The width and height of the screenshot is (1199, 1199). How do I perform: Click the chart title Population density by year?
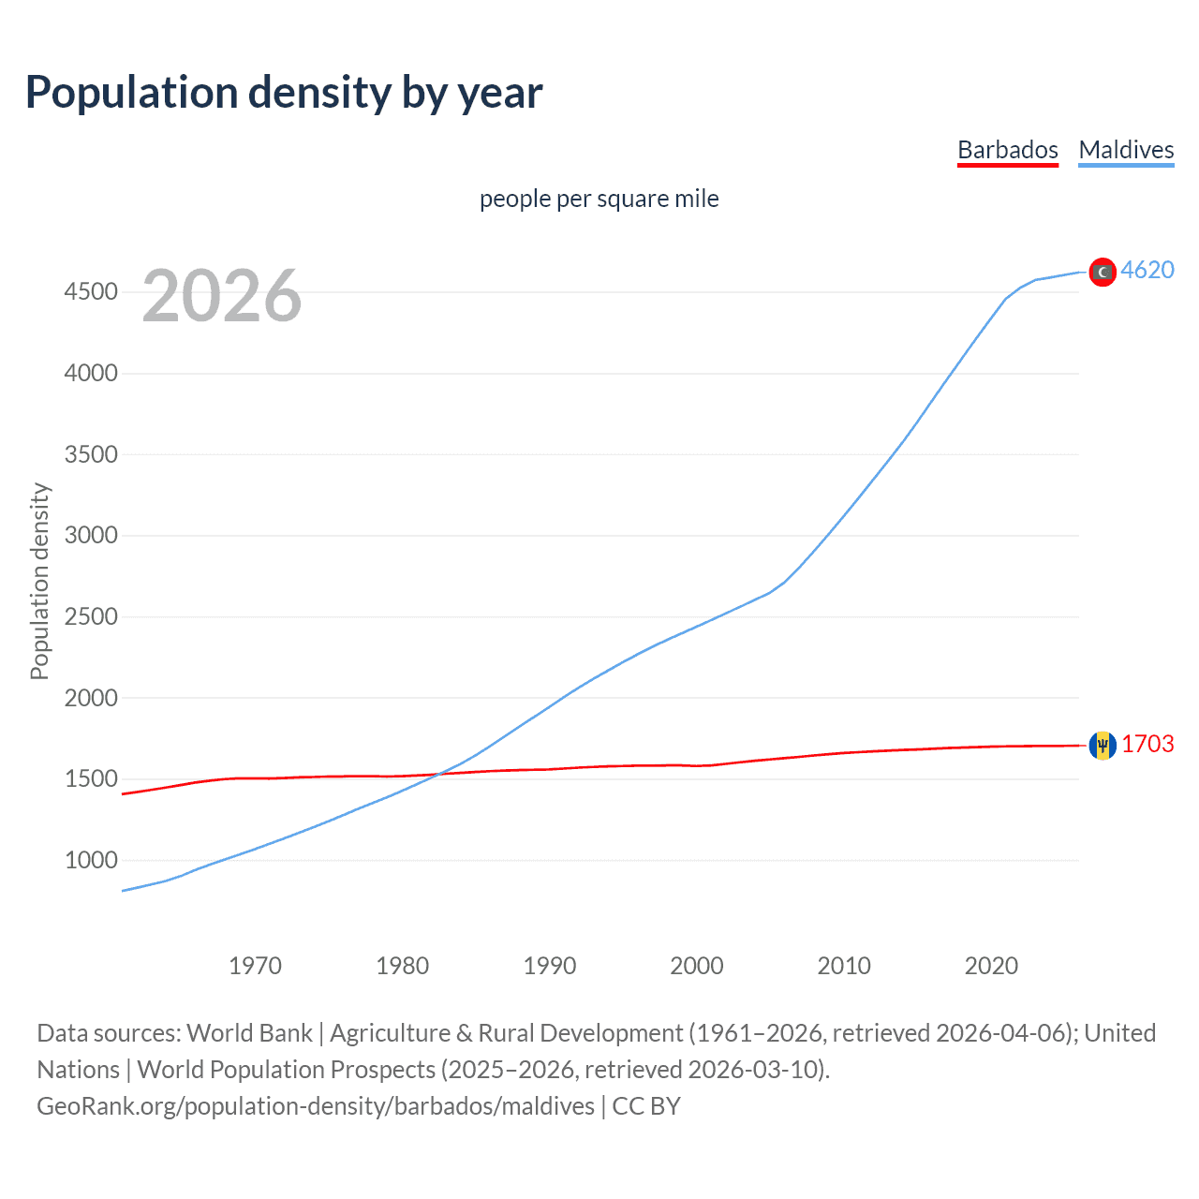[x=284, y=93]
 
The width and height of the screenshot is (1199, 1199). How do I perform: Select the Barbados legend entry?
[x=1007, y=150]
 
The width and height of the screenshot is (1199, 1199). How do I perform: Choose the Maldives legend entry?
[x=1126, y=150]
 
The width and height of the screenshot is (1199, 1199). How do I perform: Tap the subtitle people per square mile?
[x=599, y=199]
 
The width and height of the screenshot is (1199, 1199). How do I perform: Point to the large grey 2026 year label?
[x=222, y=296]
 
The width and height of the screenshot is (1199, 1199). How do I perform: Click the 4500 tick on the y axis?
[x=91, y=292]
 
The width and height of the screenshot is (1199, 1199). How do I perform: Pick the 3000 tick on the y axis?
[x=91, y=536]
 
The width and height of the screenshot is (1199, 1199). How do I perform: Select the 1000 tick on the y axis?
[x=91, y=860]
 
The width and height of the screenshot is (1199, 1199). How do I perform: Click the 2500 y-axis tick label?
[x=91, y=616]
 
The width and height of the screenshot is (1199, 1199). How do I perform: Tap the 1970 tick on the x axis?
[x=255, y=966]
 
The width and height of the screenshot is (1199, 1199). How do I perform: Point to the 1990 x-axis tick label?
[x=550, y=966]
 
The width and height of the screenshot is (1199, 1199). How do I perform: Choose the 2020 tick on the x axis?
[x=991, y=966]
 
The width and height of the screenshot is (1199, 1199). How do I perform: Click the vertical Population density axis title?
[x=39, y=581]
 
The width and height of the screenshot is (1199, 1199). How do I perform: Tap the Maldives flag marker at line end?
[x=1103, y=272]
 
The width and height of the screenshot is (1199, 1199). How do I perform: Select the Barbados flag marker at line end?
[x=1103, y=746]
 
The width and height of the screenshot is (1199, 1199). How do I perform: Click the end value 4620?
[x=1147, y=270]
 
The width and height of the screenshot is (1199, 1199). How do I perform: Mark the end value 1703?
[x=1147, y=744]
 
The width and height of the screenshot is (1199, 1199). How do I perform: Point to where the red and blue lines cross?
[x=439, y=774]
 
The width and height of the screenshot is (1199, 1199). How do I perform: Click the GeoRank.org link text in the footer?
[x=316, y=1106]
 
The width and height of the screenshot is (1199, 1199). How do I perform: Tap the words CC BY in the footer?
[x=646, y=1106]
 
